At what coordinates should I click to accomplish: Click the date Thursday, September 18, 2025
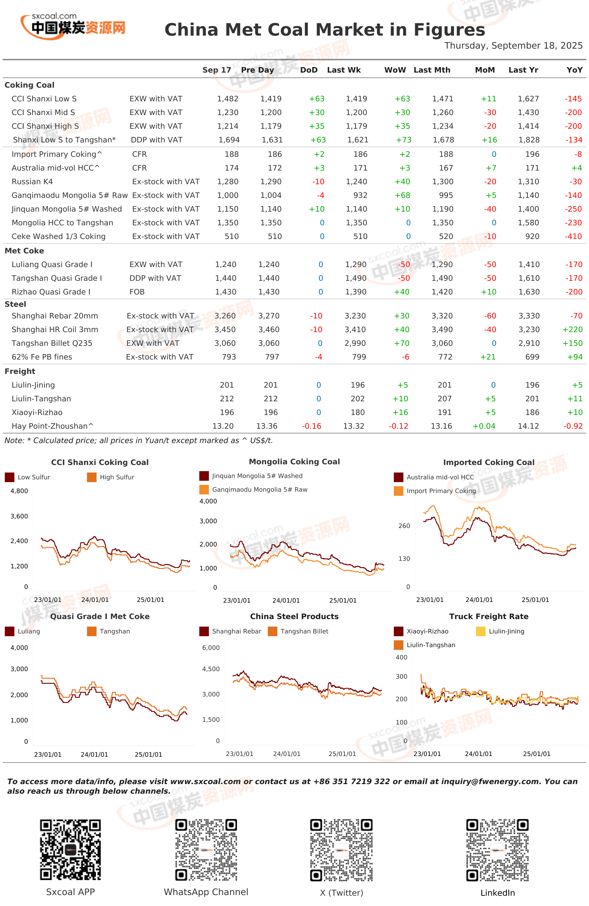pyautogui.click(x=513, y=46)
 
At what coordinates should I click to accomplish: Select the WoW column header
pyautogui.click(x=395, y=70)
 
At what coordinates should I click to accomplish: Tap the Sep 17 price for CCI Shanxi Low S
pyautogui.click(x=228, y=99)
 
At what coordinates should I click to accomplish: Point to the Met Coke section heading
pyautogui.click(x=24, y=251)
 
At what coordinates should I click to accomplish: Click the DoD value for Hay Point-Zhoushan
pyautogui.click(x=311, y=426)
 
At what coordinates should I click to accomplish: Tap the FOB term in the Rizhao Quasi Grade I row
pyautogui.click(x=137, y=292)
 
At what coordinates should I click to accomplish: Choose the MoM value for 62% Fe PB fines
pyautogui.click(x=488, y=357)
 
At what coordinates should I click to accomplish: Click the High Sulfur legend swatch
pyautogui.click(x=92, y=477)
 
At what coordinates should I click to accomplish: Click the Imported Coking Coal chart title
pyautogui.click(x=488, y=463)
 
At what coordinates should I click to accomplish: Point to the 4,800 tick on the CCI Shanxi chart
pyautogui.click(x=19, y=491)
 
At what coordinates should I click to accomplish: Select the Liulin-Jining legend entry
pyautogui.click(x=500, y=631)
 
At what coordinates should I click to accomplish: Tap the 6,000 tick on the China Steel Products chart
pyautogui.click(x=211, y=648)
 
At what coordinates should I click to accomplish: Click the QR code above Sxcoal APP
pyautogui.click(x=71, y=850)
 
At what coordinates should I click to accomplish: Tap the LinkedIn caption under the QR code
pyautogui.click(x=498, y=893)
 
